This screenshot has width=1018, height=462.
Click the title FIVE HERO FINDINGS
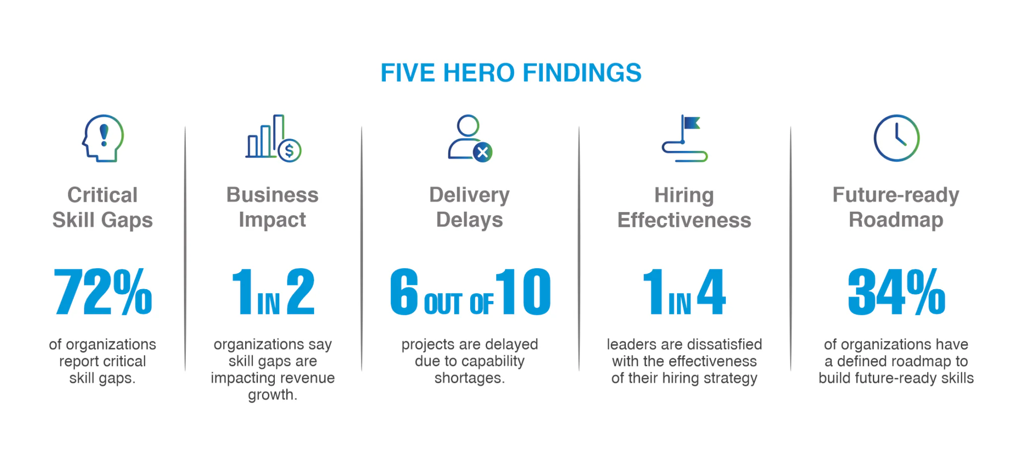(x=511, y=73)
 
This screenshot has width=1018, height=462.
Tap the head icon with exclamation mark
(x=102, y=139)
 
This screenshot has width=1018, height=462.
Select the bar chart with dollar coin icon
(x=273, y=139)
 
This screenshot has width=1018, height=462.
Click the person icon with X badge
(x=470, y=139)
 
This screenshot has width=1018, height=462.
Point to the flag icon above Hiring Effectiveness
(x=684, y=139)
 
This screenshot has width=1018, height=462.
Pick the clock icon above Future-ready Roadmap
(x=896, y=138)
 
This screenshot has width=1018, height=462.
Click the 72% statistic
(x=103, y=292)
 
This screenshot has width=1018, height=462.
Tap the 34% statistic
(x=896, y=292)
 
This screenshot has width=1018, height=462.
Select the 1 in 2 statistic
(x=273, y=292)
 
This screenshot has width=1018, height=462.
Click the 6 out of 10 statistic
(x=470, y=292)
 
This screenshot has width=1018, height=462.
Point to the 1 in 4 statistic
(x=684, y=292)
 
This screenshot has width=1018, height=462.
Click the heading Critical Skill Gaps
(x=102, y=208)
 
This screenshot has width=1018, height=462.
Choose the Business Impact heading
(x=272, y=208)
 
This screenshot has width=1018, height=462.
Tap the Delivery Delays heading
(x=470, y=208)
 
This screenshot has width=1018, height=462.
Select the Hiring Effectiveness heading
(x=684, y=208)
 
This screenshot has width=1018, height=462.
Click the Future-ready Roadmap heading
(x=896, y=208)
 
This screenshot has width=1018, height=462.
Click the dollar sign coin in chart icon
(x=289, y=150)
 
